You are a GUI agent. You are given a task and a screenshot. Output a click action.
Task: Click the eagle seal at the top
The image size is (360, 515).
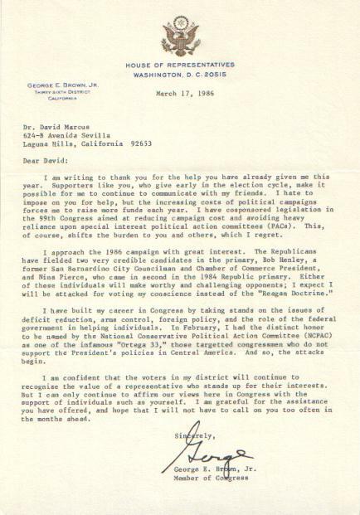[180, 36]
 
